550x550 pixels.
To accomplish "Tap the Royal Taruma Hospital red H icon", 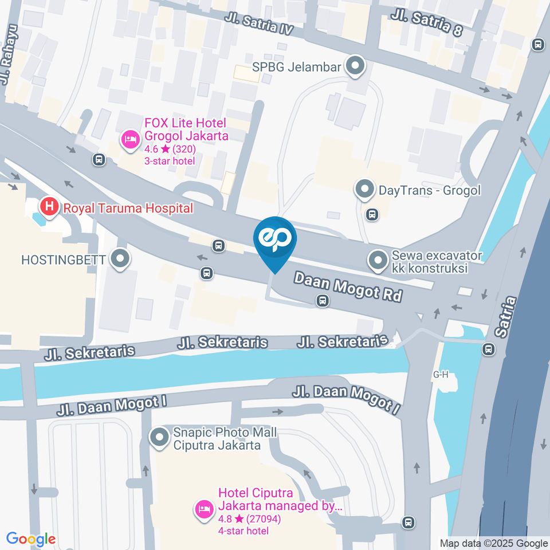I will click(x=50, y=207).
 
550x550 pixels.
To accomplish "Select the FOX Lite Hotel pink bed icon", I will click(x=131, y=139).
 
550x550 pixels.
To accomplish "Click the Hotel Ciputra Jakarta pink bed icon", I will click(x=203, y=508).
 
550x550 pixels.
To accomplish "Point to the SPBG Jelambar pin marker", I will click(x=355, y=66).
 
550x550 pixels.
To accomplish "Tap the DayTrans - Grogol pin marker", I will click(x=364, y=189).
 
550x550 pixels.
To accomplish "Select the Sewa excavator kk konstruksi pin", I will click(x=377, y=262).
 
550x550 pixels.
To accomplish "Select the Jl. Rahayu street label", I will click(x=9, y=54).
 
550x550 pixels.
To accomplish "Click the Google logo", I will click(x=31, y=539).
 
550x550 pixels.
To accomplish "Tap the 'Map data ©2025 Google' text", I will click(x=493, y=543).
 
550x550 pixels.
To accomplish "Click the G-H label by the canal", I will click(x=440, y=375).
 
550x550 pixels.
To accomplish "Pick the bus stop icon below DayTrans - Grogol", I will click(x=372, y=215).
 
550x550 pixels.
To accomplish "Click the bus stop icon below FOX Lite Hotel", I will click(x=99, y=159).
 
